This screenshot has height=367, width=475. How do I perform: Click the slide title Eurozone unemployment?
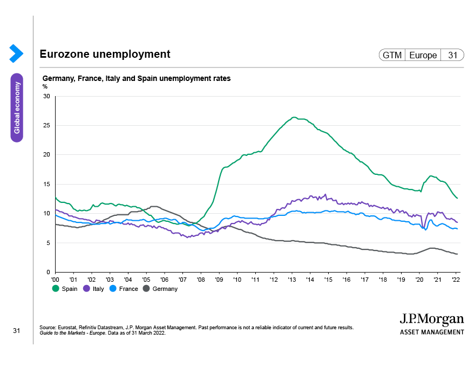105,54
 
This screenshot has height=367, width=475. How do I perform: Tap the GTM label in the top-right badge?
392,55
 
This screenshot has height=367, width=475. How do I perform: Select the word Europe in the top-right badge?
423,55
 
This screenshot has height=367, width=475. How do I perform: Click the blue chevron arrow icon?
16,53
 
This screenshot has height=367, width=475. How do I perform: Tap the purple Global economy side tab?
17,107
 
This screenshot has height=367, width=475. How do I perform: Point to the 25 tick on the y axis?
46,125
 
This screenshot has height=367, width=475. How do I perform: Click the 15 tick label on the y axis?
46,184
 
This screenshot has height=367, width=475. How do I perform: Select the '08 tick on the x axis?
201,280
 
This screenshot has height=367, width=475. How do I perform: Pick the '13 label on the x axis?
291,280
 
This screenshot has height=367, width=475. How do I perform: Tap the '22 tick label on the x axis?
456,280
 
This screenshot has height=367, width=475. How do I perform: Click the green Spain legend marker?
56,289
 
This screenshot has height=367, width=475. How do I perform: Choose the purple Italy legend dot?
87,289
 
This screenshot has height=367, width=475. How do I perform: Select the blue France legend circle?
113,289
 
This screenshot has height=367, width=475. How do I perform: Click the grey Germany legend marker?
146,289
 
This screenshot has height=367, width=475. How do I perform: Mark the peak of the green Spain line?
294,117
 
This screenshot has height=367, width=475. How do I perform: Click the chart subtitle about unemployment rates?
137,78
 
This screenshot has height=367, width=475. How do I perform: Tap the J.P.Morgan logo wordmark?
432,319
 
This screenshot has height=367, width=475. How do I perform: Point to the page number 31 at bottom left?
16,331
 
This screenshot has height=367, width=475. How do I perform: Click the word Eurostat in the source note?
67,328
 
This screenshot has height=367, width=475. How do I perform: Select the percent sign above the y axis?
45,86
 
